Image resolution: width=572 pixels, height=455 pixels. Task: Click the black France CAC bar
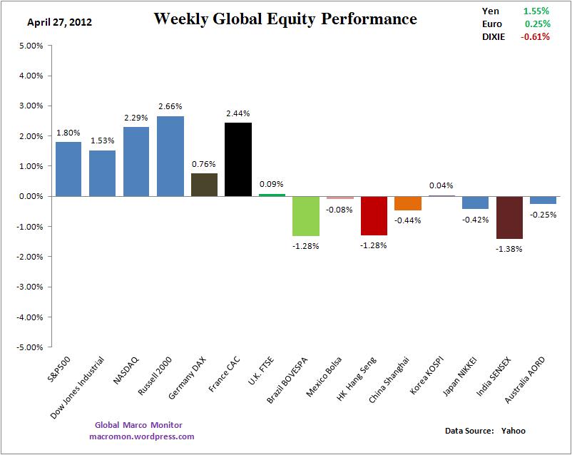click(238, 159)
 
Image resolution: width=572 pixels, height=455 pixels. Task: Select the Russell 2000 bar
click(170, 156)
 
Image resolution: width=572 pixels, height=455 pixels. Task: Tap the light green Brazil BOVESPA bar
click(306, 215)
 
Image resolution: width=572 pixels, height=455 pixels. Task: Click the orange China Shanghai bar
click(408, 203)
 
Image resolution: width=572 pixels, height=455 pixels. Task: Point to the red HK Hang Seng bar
click(374, 215)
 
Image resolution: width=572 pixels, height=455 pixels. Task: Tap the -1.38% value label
click(509, 249)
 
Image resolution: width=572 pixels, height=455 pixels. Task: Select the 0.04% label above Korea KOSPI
click(441, 186)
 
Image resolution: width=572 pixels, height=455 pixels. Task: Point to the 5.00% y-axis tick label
click(31, 46)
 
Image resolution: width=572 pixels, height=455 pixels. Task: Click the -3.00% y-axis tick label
click(29, 287)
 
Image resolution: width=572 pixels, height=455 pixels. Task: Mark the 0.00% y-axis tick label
click(31, 196)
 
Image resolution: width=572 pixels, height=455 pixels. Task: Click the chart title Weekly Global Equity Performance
click(285, 19)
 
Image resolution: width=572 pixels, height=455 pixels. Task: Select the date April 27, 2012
click(59, 22)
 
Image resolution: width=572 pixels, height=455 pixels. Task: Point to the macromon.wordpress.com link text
click(142, 436)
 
